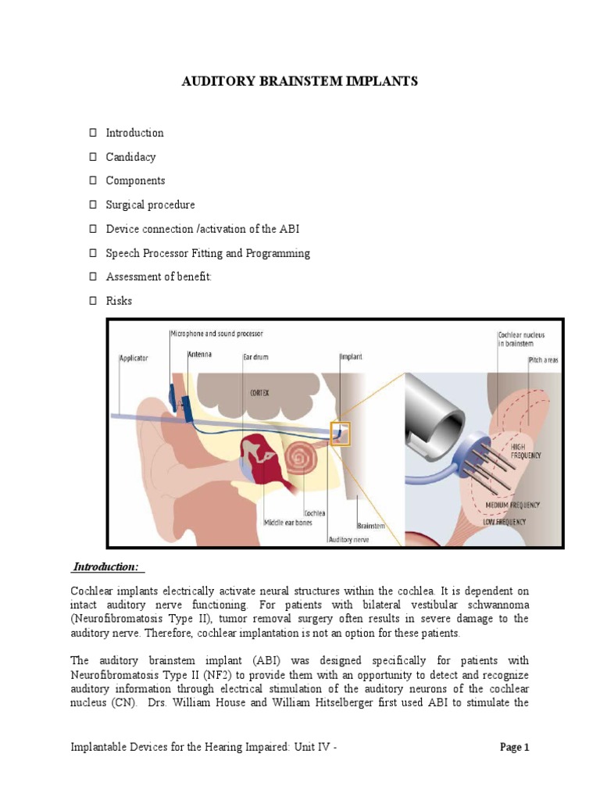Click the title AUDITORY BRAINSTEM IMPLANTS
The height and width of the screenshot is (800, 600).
[300, 82]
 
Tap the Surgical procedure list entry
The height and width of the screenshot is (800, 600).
[150, 205]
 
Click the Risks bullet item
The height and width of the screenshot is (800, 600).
[119, 301]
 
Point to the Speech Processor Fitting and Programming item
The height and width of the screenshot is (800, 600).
[208, 253]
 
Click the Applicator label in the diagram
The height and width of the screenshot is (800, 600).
[133, 359]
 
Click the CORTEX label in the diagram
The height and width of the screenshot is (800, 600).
[281, 394]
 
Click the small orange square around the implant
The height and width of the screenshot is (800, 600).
[341, 433]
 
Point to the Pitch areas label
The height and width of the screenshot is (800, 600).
[543, 360]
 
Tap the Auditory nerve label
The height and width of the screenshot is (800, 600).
[348, 539]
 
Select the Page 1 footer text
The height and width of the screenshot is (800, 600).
[514, 747]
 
